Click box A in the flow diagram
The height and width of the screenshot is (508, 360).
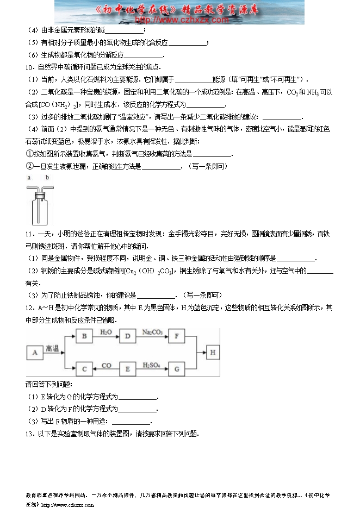(34, 353)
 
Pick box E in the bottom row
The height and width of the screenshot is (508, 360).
(128, 369)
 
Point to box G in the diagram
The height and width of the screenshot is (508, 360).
(177, 369)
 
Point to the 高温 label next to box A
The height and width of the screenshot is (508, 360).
(52, 348)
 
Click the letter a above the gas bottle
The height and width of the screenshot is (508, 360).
(29, 178)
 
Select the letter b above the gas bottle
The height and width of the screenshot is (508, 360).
(47, 178)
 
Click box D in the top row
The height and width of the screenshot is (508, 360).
(128, 337)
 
